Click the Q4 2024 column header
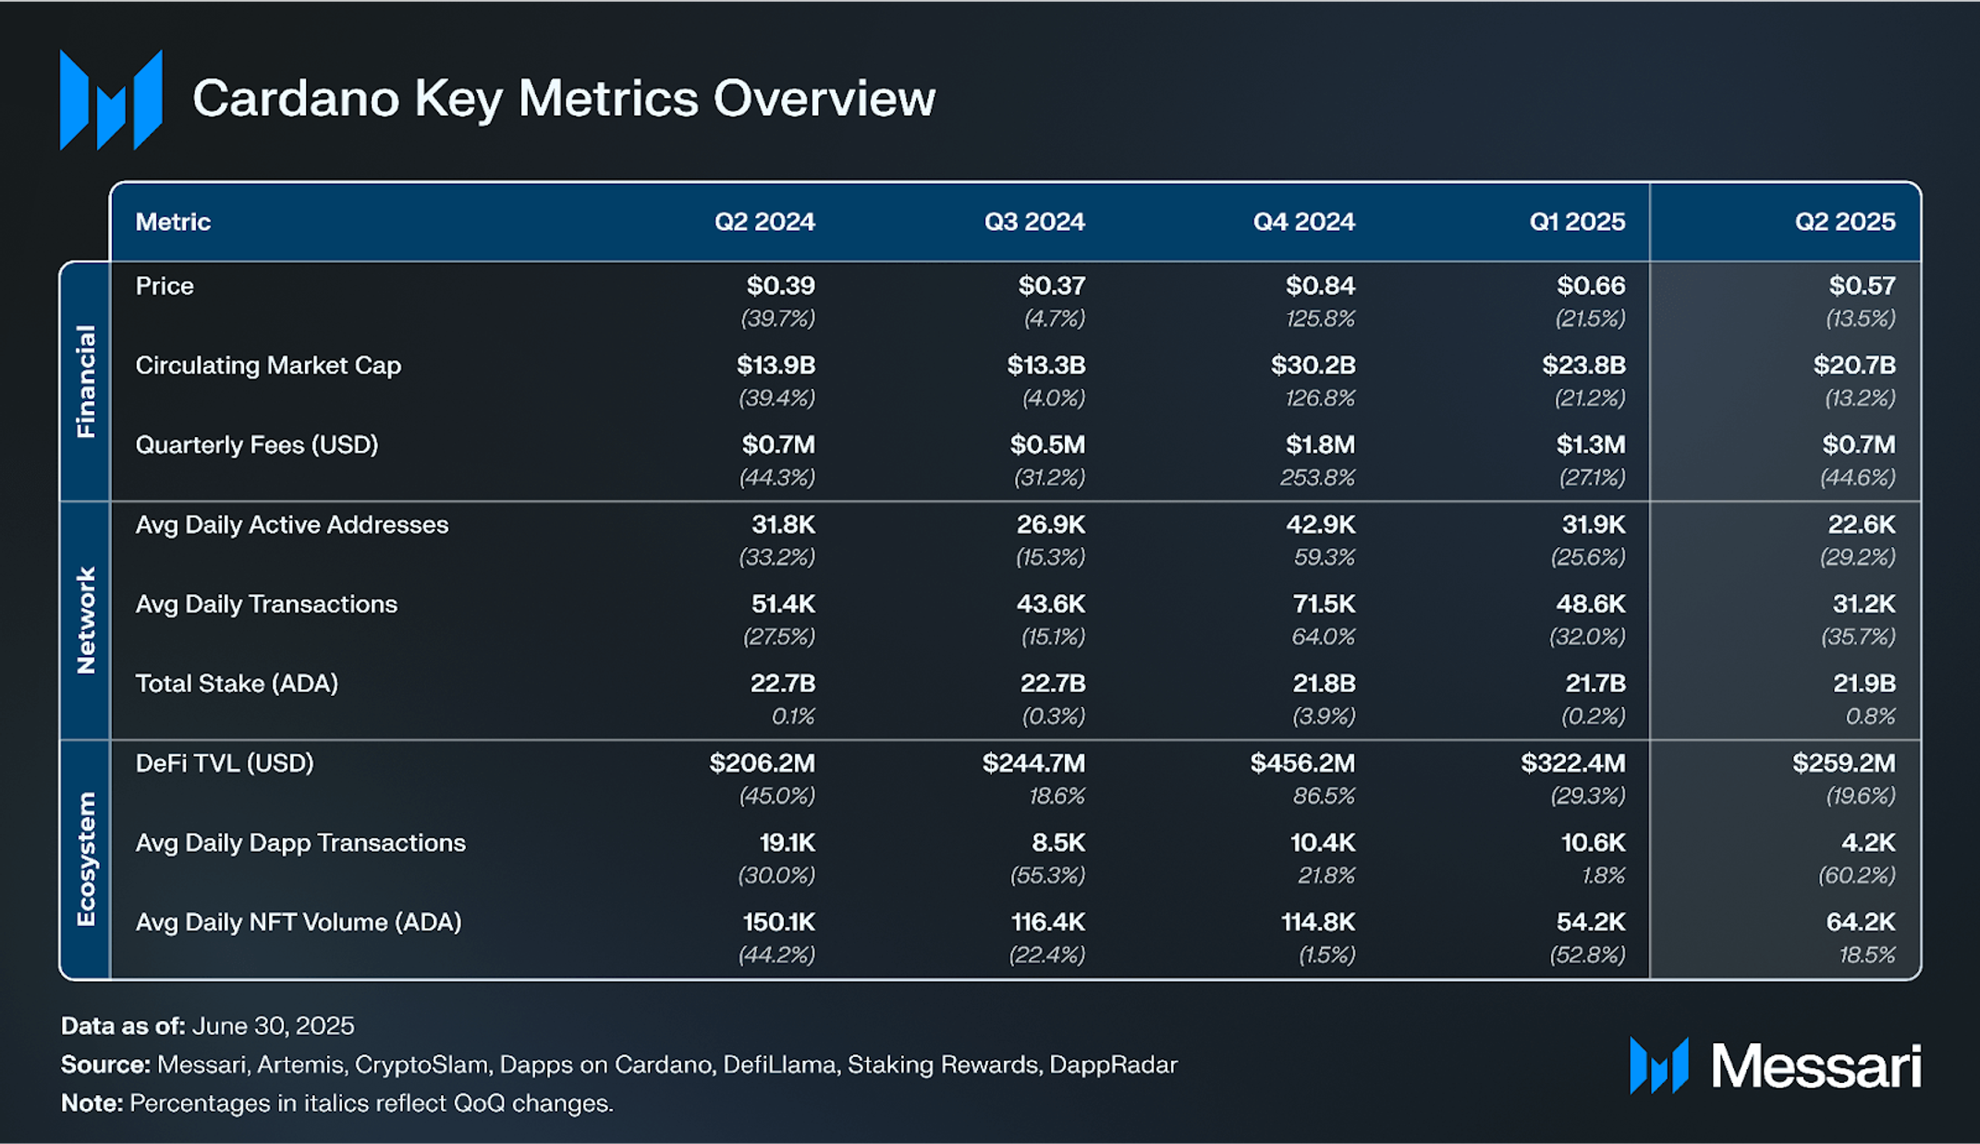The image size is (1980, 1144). [1303, 222]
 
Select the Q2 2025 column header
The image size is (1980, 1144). [1844, 222]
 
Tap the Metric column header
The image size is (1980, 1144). [173, 222]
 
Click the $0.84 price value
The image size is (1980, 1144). [1320, 286]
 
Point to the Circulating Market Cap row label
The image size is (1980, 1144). [268, 365]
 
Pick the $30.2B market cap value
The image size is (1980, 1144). [1313, 365]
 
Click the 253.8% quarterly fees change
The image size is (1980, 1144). [1317, 478]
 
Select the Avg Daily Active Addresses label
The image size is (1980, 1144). [291, 525]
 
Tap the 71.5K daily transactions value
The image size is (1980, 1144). [1324, 604]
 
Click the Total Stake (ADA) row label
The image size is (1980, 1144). [237, 684]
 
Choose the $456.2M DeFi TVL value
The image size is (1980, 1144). [1302, 763]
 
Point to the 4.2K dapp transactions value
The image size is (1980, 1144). [1868, 843]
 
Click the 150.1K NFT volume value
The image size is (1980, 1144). [778, 922]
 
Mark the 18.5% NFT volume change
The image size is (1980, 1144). [1867, 955]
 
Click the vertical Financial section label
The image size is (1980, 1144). [85, 381]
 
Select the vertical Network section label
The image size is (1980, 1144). [85, 620]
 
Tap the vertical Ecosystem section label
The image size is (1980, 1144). [85, 858]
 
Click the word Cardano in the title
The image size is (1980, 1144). [295, 98]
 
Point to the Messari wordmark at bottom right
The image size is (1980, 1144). [1815, 1066]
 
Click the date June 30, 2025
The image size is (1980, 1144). [273, 1026]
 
